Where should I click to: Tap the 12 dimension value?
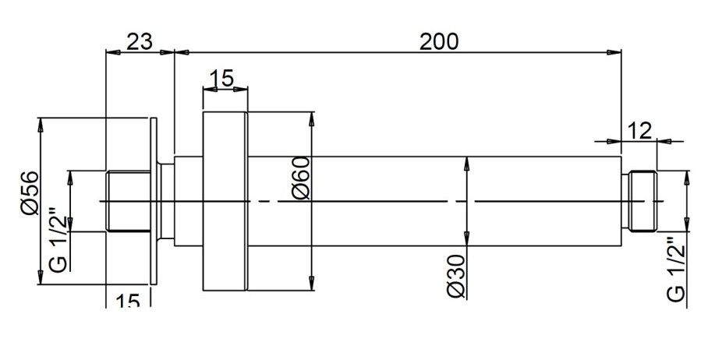click(x=639, y=130)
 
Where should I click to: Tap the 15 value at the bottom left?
click(x=129, y=300)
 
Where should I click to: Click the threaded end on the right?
click(x=643, y=201)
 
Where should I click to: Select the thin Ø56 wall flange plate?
click(x=154, y=201)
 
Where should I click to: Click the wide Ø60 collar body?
click(x=225, y=201)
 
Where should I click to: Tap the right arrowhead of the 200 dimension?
click(x=617, y=53)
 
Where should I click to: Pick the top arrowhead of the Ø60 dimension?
click(x=312, y=118)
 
